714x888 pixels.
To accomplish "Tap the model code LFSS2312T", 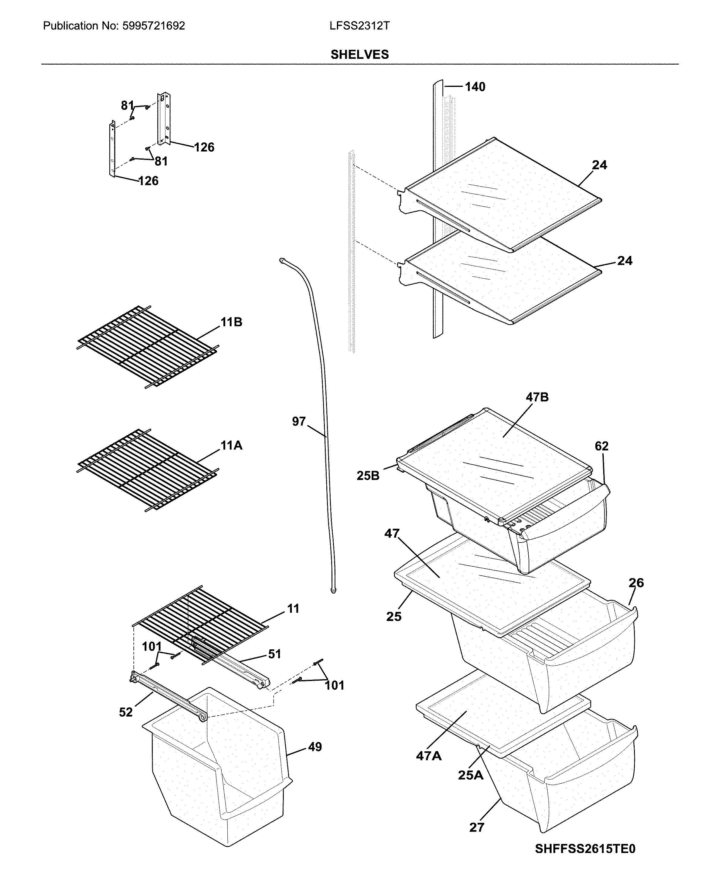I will (359, 26).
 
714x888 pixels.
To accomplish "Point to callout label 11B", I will (231, 322).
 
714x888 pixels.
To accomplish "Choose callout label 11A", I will (231, 445).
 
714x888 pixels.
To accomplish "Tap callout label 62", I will (601, 446).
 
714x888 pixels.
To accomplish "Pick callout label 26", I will (636, 583).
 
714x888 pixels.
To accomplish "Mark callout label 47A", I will (428, 756).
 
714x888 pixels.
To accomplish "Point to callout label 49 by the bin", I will (315, 747).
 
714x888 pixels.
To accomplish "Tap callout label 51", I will (274, 654).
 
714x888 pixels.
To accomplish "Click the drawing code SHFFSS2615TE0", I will (585, 857).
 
